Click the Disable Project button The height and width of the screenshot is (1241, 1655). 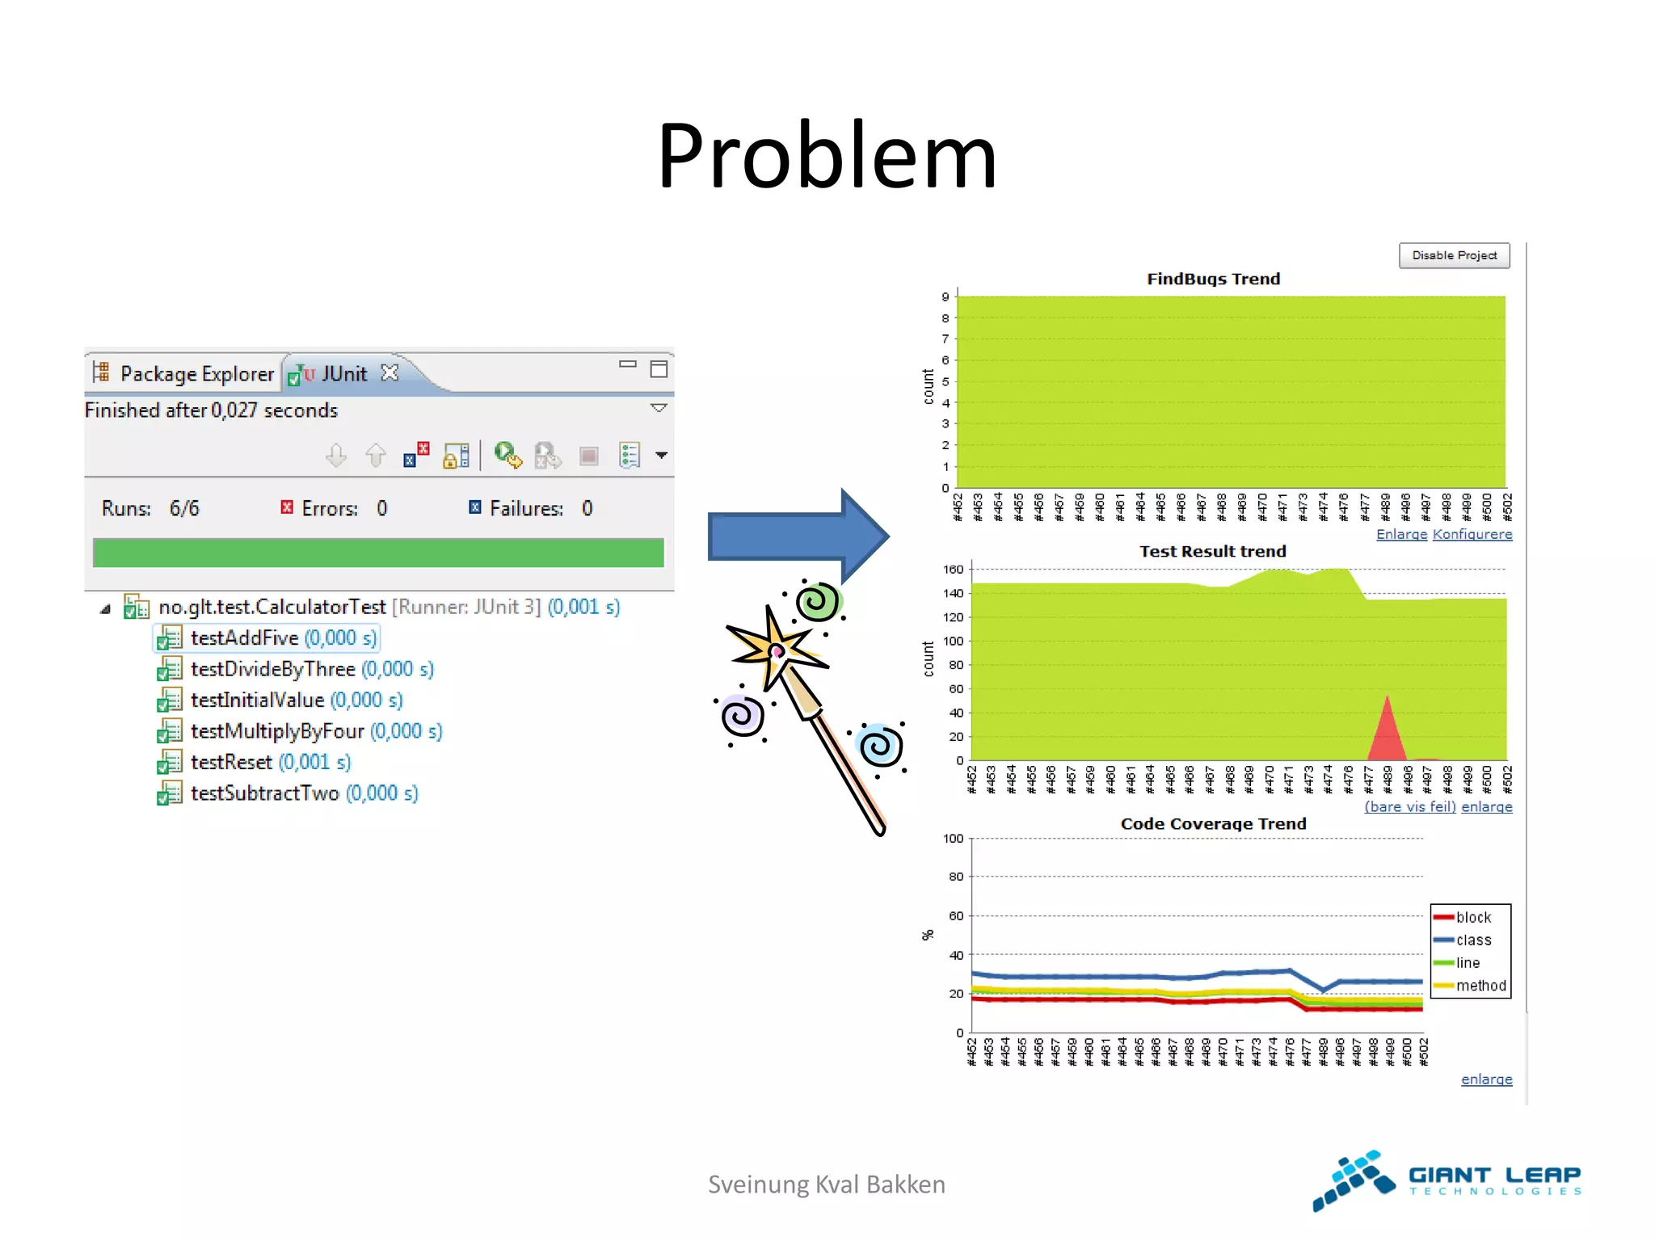tap(1454, 255)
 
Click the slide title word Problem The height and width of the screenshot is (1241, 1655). tap(827, 155)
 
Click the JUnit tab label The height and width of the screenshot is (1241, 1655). tap(343, 373)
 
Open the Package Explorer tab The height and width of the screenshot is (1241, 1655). tap(196, 373)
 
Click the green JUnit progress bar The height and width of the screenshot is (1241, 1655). tap(378, 553)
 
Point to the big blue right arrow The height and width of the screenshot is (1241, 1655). tap(796, 535)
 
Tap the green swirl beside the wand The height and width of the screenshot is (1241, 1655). tap(817, 602)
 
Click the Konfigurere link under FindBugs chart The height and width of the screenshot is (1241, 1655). tap(1472, 534)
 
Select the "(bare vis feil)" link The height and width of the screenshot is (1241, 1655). tap(1409, 806)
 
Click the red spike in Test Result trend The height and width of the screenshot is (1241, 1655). tap(1388, 731)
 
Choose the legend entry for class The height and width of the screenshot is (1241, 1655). tap(1473, 940)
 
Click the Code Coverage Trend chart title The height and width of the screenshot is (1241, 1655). tap(1213, 823)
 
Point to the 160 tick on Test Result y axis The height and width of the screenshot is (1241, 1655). tap(954, 570)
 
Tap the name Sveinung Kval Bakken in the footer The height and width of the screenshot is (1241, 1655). tap(826, 1184)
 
